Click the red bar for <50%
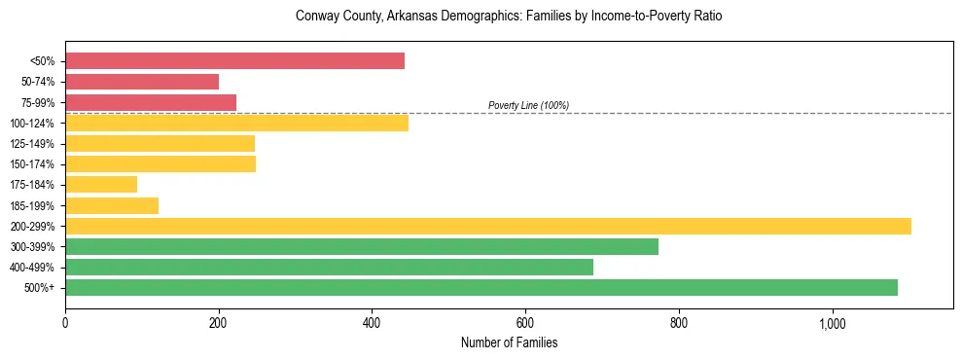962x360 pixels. click(x=234, y=61)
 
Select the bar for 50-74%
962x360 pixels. click(x=142, y=82)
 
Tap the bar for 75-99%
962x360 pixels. click(x=151, y=102)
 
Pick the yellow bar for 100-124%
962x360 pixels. click(x=236, y=123)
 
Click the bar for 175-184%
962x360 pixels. click(x=101, y=184)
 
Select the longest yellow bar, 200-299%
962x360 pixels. click(x=488, y=226)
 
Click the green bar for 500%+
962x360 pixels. click(x=481, y=287)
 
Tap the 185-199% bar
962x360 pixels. click(x=112, y=205)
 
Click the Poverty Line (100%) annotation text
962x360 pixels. click(x=528, y=105)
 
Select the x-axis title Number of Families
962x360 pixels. click(x=509, y=342)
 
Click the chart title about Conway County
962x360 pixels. click(x=509, y=17)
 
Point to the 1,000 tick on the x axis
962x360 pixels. click(x=833, y=323)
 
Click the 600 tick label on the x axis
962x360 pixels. click(x=525, y=323)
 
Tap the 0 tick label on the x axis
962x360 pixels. click(x=65, y=323)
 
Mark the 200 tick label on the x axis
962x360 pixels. click(x=219, y=323)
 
